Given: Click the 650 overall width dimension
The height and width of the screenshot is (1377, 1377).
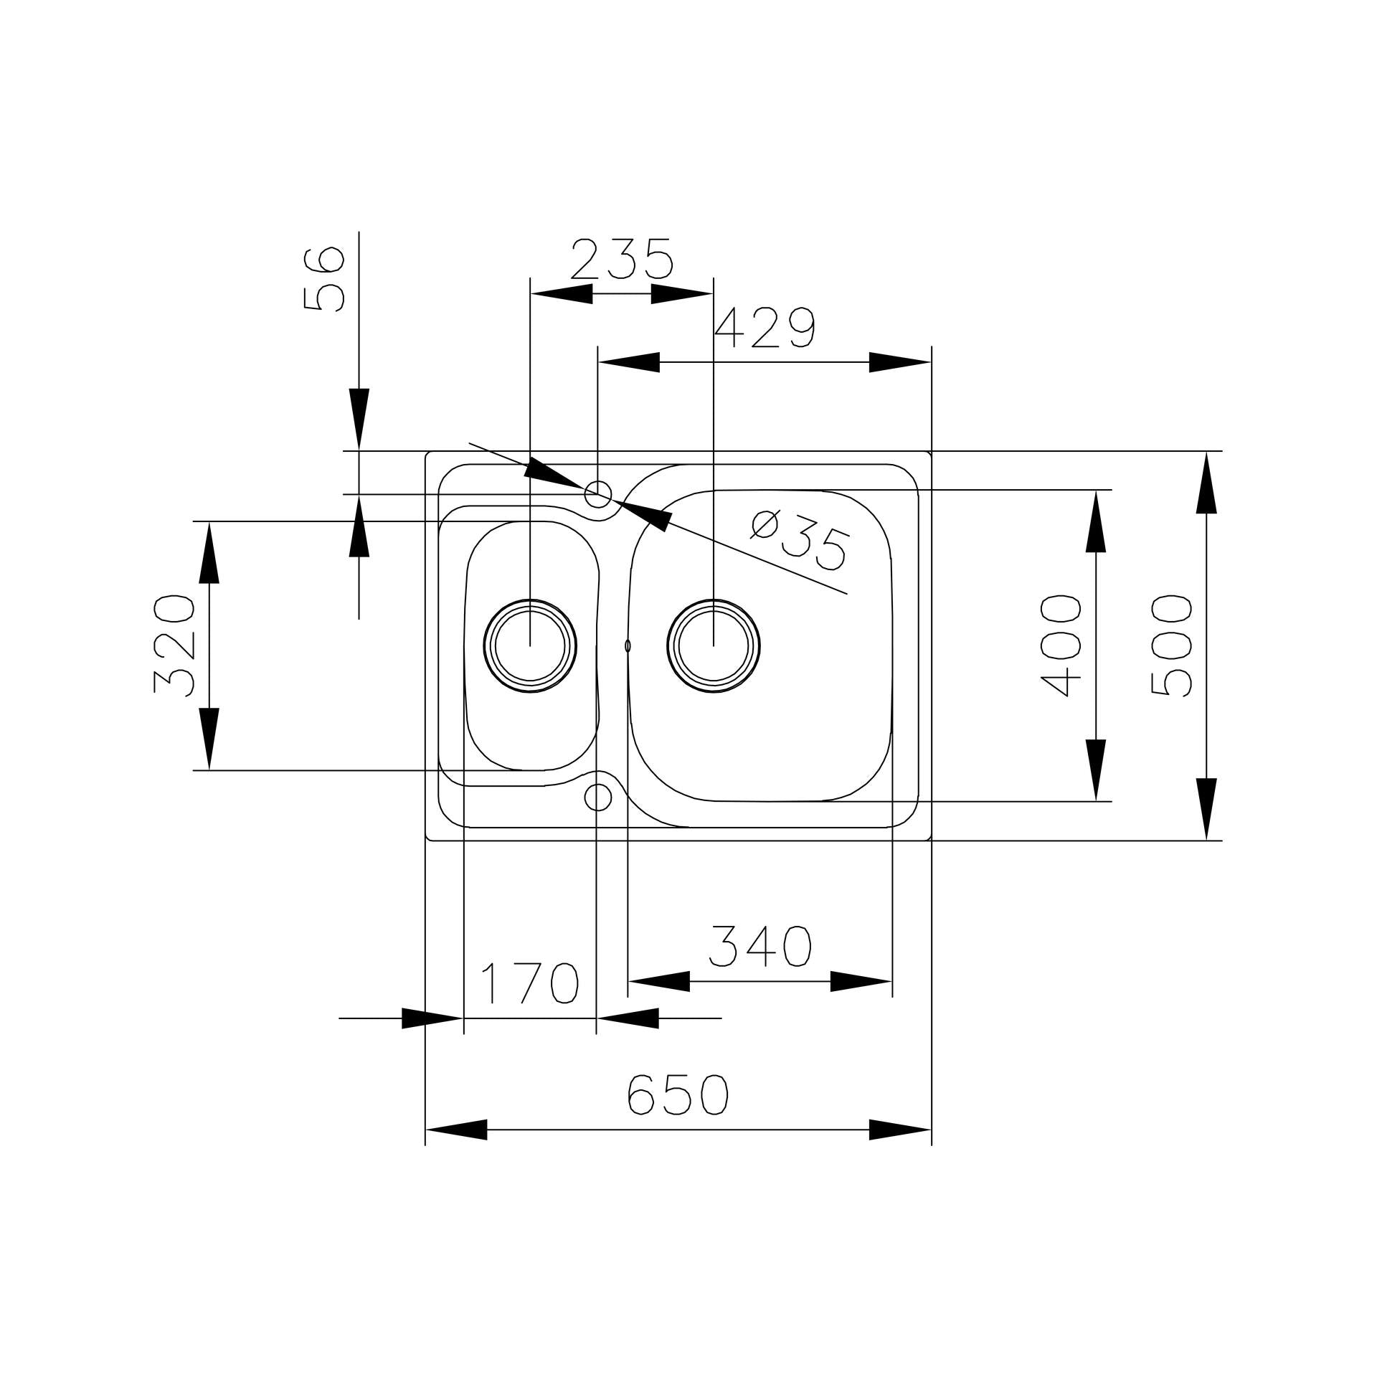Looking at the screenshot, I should [678, 1095].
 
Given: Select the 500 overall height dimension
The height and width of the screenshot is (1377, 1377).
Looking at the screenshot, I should [1170, 645].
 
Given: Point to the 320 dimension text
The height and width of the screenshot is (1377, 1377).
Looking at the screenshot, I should [174, 645].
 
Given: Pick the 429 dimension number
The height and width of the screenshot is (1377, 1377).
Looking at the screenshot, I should [765, 328].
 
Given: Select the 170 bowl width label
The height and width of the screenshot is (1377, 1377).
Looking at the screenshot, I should [530, 983].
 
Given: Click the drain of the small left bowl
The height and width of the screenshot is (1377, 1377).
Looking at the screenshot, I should [530, 645].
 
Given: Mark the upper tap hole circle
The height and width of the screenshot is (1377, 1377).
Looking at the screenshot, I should [598, 493].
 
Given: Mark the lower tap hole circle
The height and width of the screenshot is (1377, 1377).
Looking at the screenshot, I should [598, 796].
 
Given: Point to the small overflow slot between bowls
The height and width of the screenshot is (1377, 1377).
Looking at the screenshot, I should [628, 645].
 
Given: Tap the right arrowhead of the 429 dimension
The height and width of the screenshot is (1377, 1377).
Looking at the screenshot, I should [900, 362].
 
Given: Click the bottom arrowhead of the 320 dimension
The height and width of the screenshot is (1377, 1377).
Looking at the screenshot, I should [209, 739].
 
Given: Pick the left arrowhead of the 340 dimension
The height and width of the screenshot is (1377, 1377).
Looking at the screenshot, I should [658, 981].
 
